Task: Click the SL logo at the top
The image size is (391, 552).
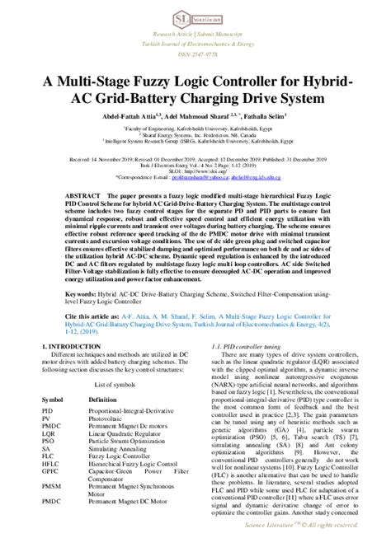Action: coord(183,14)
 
